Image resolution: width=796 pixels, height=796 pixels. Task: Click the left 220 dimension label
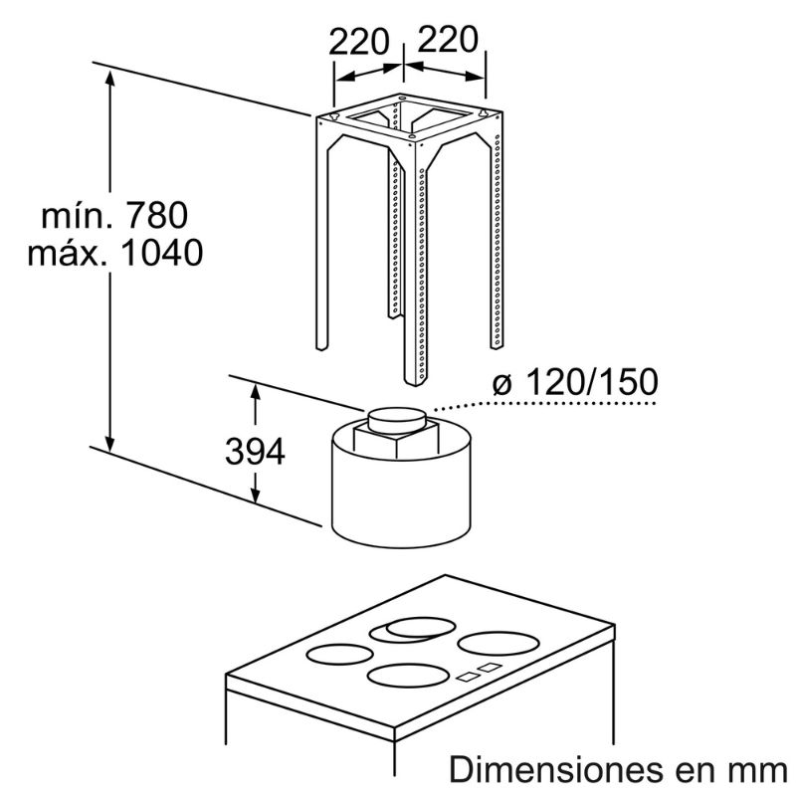(359, 42)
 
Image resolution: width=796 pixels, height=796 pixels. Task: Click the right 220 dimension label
(447, 39)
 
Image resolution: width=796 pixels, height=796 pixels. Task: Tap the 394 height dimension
(255, 452)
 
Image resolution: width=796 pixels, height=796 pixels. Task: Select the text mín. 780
(114, 215)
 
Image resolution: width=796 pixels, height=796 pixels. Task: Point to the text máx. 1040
(115, 253)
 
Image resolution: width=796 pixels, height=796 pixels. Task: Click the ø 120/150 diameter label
(575, 382)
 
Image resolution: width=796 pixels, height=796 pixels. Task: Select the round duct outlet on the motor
(397, 420)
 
